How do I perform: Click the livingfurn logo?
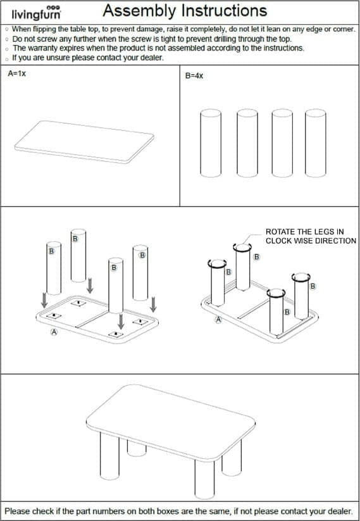pos(36,13)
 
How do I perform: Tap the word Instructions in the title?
pos(222,10)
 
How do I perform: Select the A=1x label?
pos(16,73)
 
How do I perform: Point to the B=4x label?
pos(194,76)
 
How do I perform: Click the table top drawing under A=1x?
pos(84,142)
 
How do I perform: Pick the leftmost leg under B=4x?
pos(211,143)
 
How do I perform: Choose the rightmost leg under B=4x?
pos(316,143)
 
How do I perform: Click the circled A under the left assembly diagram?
pos(54,332)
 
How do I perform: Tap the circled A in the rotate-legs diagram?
pos(218,320)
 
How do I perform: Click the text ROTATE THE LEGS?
pos(304,232)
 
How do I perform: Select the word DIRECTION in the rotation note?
pos(335,241)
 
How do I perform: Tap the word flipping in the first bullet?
pos(45,29)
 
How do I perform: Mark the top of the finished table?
pos(171,423)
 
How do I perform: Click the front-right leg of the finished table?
pos(204,479)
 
